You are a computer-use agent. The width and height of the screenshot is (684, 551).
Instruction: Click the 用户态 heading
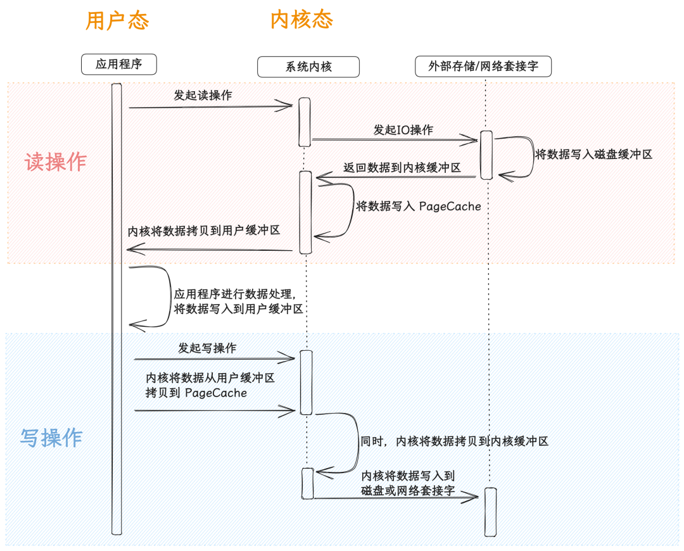[117, 21]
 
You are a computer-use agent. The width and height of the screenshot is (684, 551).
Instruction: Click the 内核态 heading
[301, 20]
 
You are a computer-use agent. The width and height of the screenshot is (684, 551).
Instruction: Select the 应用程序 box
[118, 64]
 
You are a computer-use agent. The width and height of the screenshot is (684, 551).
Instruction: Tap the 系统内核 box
[308, 66]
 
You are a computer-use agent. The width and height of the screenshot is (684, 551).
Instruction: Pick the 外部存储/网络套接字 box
[483, 66]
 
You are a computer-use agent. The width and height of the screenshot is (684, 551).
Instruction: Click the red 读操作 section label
[55, 162]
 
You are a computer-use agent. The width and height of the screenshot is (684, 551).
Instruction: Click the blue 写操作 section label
[51, 438]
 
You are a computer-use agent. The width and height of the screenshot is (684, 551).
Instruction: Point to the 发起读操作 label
[203, 96]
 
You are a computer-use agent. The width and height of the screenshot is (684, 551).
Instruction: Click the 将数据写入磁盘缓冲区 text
[593, 154]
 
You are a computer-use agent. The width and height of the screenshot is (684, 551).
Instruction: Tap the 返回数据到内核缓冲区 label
[402, 168]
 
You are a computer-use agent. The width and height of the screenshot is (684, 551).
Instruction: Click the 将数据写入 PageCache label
[419, 206]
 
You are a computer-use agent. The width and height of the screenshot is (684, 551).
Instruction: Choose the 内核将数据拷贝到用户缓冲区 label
[204, 231]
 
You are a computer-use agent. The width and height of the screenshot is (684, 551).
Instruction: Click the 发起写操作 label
[207, 348]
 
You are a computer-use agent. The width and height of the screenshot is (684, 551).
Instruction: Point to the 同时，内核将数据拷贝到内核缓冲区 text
[453, 441]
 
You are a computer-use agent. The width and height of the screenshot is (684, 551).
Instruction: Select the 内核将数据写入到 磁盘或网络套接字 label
[408, 483]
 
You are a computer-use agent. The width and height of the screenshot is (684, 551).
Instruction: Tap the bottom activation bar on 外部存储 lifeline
[490, 512]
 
